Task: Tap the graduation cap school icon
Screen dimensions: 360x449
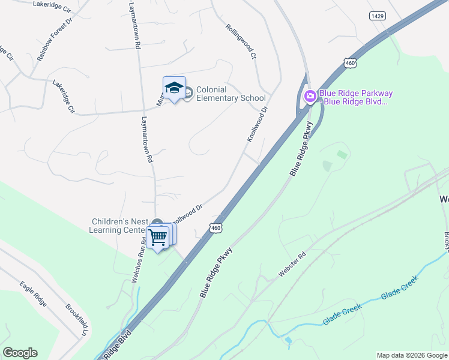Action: pyautogui.click(x=174, y=88)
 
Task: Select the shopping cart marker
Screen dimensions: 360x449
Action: pyautogui.click(x=158, y=236)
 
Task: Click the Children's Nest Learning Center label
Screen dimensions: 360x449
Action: pyautogui.click(x=119, y=226)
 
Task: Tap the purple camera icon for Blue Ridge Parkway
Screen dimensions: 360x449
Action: pyautogui.click(x=310, y=96)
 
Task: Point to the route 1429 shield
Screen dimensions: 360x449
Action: pyautogui.click(x=378, y=16)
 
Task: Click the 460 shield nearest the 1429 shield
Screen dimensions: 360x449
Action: pyautogui.click(x=351, y=62)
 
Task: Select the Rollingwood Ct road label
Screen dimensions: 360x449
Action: pyautogui.click(x=241, y=41)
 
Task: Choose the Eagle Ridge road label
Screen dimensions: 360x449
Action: pyautogui.click(x=33, y=293)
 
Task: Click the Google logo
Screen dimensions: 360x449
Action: pyautogui.click(x=20, y=353)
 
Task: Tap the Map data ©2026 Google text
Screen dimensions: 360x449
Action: pyautogui.click(x=412, y=355)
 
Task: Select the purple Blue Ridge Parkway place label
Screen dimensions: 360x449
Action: pyautogui.click(x=356, y=97)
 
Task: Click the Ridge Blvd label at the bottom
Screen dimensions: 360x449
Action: pyautogui.click(x=116, y=347)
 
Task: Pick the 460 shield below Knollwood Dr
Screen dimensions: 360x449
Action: pyautogui.click(x=217, y=228)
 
